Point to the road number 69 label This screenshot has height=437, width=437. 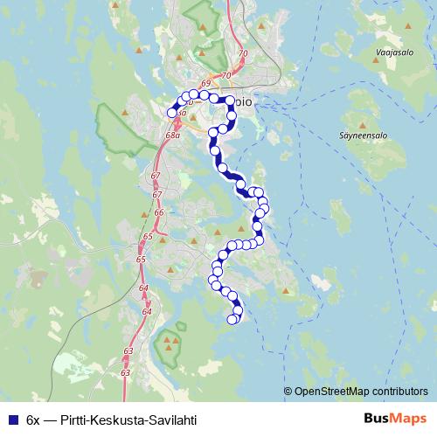[205, 84]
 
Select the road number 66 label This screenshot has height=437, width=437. [158, 212]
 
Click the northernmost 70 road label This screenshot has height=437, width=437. [243, 53]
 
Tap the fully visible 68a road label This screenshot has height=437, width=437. [172, 135]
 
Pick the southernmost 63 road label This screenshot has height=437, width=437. [126, 373]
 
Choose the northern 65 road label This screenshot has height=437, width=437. [148, 237]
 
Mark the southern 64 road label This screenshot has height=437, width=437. [146, 311]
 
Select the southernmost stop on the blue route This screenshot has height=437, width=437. [232, 320]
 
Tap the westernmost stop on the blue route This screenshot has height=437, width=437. [172, 113]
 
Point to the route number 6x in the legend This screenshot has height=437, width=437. [34, 419]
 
